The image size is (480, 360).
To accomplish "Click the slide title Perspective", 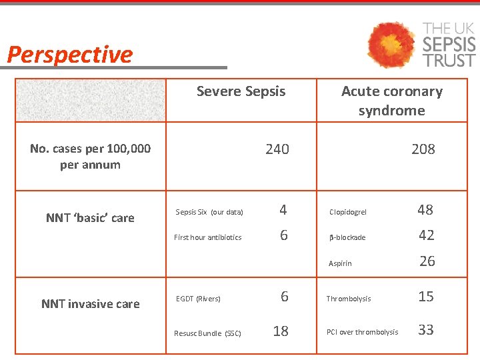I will coord(70,55).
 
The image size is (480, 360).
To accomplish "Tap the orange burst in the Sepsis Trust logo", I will coord(392,45).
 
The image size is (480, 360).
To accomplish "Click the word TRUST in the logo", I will coord(450,60).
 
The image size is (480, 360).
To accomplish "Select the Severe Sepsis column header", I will coord(241,91).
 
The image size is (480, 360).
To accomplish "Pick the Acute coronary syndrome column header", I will coord(391,101).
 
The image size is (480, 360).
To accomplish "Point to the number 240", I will coord(277,149).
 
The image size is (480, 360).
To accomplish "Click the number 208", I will coord(423,149).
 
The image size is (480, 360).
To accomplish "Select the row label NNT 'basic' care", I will coord(90,218).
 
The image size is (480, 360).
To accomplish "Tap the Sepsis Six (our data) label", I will coord(209,213).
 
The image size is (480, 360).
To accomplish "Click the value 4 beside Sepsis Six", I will coord(283,210).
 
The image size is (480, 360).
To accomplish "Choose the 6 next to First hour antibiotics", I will coord(284,235).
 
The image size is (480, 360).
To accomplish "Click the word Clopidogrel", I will coord(348,213).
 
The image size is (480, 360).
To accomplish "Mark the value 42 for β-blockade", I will coord(426,235).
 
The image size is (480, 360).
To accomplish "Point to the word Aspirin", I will coord(340,264).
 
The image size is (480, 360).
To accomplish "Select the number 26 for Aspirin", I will coord(427,261).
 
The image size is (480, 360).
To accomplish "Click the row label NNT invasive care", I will coord(91,304).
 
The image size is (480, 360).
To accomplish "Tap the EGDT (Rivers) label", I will coord(198,299).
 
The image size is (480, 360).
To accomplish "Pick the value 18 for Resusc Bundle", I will coord(281,331).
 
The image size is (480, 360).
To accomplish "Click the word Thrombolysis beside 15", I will coord(349,299).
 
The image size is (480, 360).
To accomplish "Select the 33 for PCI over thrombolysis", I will coord(425,329).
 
